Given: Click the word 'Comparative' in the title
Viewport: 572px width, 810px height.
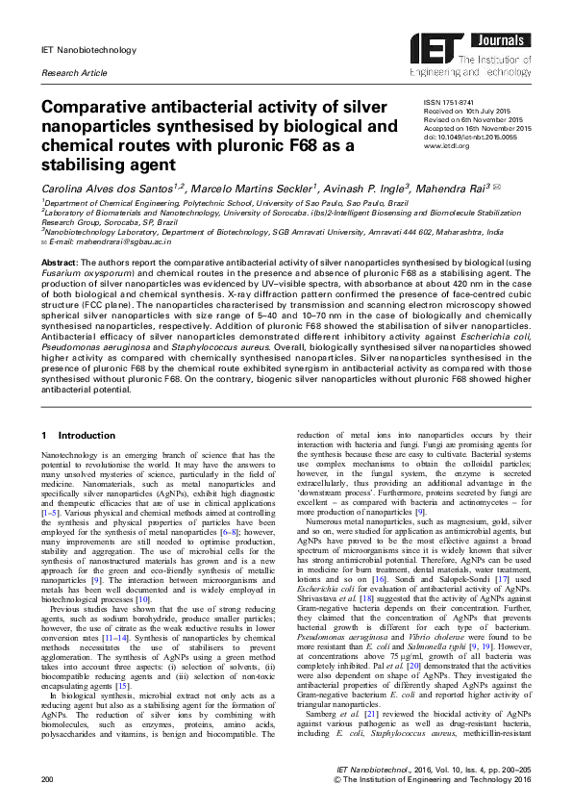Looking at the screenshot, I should [x=102, y=109].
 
